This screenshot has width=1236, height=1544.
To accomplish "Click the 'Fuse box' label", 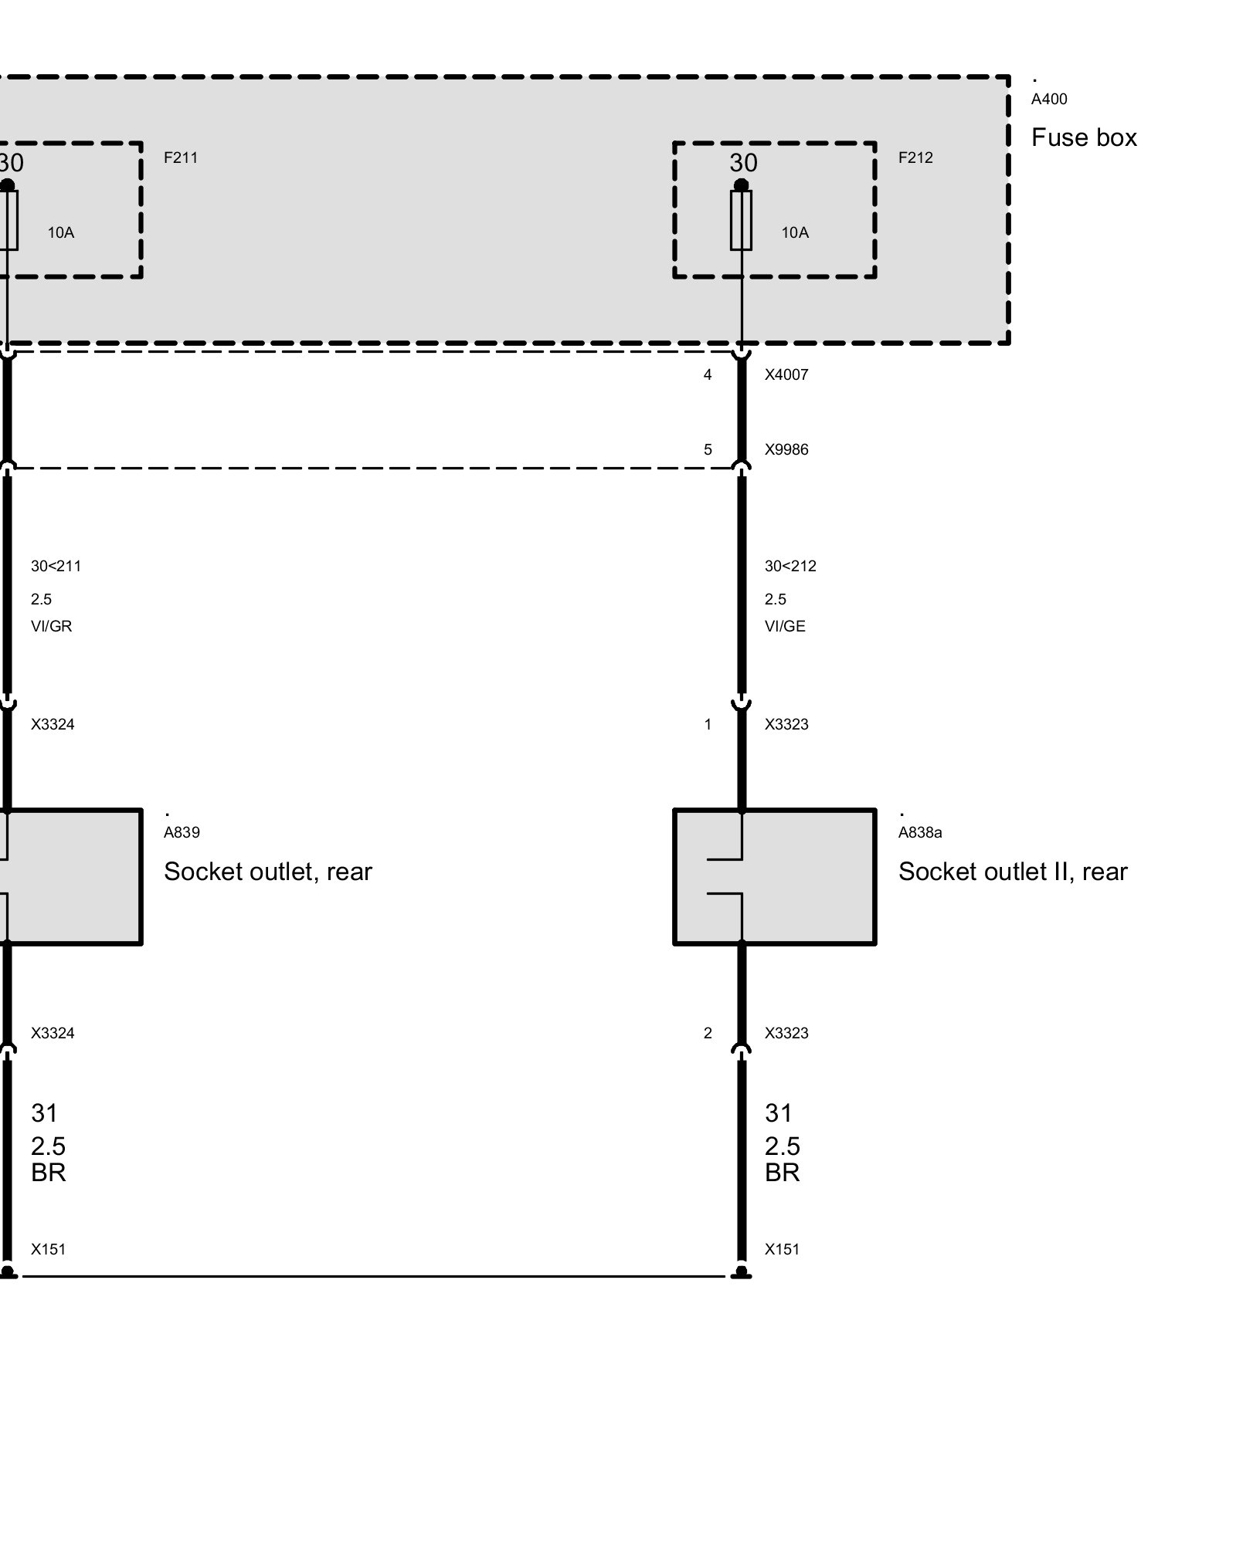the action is pyautogui.click(x=1084, y=137).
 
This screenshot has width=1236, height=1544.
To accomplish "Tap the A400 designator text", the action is pyautogui.click(x=1049, y=99).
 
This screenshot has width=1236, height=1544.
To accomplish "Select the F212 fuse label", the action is pyautogui.click(x=915, y=157).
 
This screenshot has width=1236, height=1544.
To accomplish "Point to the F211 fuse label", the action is pyautogui.click(x=181, y=157).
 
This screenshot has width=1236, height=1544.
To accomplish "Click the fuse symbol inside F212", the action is pyautogui.click(x=741, y=220).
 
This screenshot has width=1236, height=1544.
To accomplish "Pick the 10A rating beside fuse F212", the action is pyautogui.click(x=795, y=232).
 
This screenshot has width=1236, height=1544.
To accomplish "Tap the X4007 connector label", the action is pyautogui.click(x=786, y=374).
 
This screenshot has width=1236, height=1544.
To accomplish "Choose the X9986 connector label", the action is pyautogui.click(x=786, y=449).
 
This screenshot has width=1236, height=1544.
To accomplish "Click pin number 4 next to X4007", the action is pyautogui.click(x=708, y=374).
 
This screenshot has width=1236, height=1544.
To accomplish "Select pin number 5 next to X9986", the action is pyautogui.click(x=708, y=449).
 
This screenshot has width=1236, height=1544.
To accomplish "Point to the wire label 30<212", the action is pyautogui.click(x=790, y=566).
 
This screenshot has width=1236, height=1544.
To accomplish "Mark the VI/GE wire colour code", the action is pyautogui.click(x=785, y=626).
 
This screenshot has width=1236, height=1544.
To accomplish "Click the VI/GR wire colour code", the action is pyautogui.click(x=51, y=626).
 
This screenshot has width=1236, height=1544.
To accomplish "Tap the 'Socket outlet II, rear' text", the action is pyautogui.click(x=1013, y=872).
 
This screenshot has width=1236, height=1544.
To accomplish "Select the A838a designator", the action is pyautogui.click(x=920, y=832).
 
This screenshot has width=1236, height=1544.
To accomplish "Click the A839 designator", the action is pyautogui.click(x=182, y=832).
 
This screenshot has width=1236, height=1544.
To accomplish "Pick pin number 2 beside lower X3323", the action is pyautogui.click(x=708, y=1033).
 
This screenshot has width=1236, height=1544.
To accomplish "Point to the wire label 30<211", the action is pyautogui.click(x=56, y=566).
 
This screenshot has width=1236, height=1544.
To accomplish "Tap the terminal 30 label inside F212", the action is pyautogui.click(x=743, y=163).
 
